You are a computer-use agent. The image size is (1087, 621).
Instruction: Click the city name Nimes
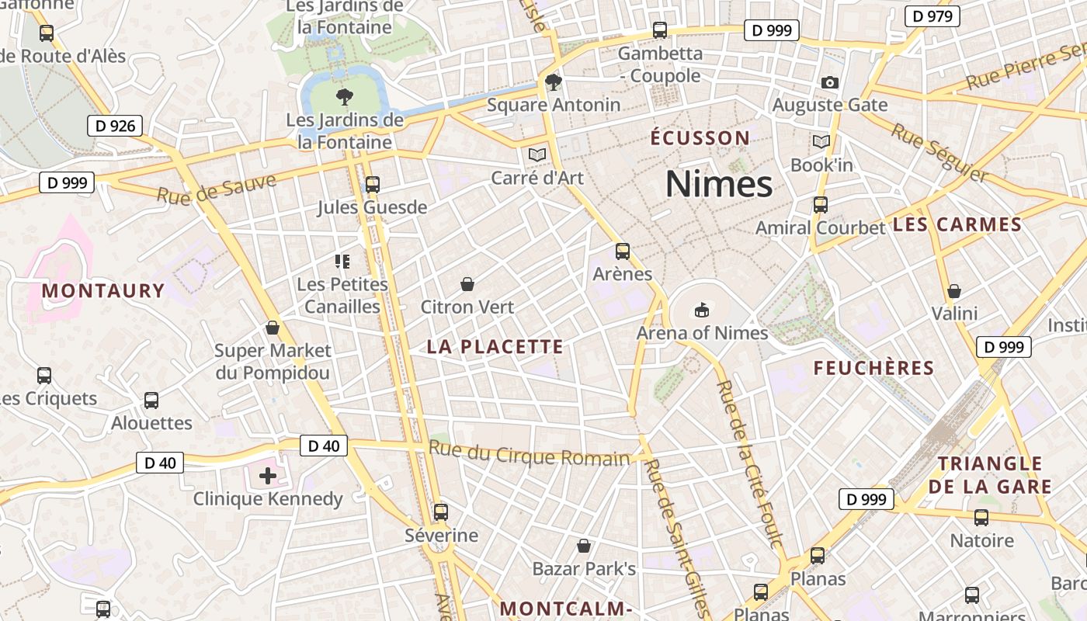point(719,185)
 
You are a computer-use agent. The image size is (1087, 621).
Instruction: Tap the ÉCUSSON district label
point(700,138)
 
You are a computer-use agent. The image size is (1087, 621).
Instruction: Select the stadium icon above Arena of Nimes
point(702,310)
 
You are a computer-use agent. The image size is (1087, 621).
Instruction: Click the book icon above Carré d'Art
point(537,154)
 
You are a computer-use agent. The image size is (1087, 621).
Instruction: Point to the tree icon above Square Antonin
point(554,82)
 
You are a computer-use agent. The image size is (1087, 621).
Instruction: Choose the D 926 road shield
point(114,126)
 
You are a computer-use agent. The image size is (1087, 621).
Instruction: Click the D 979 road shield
point(932,16)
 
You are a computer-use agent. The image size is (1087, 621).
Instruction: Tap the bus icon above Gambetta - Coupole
point(660,30)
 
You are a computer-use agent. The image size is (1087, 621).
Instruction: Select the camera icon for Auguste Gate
point(830,82)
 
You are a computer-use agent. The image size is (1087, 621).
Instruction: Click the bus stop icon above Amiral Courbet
point(821,205)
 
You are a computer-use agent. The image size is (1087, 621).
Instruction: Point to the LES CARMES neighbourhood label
point(957,225)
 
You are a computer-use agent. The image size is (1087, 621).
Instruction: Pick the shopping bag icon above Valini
point(954,291)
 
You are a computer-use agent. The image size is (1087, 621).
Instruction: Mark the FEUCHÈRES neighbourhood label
point(873,368)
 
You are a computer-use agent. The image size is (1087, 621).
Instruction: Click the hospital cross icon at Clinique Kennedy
point(268,475)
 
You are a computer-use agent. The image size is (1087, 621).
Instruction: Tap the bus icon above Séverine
point(441,512)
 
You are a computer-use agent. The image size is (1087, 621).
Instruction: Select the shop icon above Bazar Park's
point(584,546)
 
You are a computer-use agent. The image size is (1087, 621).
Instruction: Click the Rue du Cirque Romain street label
point(529,453)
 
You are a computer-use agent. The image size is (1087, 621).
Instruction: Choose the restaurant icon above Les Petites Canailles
point(342,262)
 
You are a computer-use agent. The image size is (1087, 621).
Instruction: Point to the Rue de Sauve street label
point(217,189)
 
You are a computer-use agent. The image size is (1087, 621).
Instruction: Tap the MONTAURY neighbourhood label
point(103,291)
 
